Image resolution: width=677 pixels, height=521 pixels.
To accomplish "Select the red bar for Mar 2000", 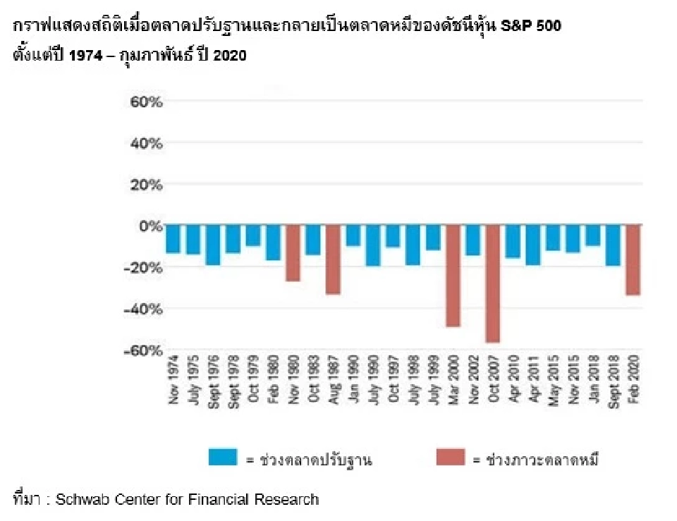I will point(453,276).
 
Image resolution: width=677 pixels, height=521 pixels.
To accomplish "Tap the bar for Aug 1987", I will point(333,259).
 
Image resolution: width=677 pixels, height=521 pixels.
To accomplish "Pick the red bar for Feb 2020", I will point(633,260).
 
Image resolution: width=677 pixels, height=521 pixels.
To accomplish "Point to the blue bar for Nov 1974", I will point(173,239).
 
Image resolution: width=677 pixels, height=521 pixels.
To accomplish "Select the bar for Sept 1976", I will point(212,245).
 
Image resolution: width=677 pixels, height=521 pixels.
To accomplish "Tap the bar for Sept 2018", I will point(613,245).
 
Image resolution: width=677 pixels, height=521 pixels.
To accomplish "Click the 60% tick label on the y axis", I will point(147,102).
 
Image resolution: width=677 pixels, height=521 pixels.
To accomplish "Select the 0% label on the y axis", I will point(151,226).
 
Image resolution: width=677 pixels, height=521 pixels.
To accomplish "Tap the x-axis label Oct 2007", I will point(492,384).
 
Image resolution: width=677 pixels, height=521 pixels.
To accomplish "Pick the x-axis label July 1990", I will point(372,384).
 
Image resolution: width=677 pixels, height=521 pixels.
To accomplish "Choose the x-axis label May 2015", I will point(553,384).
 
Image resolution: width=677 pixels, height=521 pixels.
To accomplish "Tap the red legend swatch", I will point(451,458).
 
